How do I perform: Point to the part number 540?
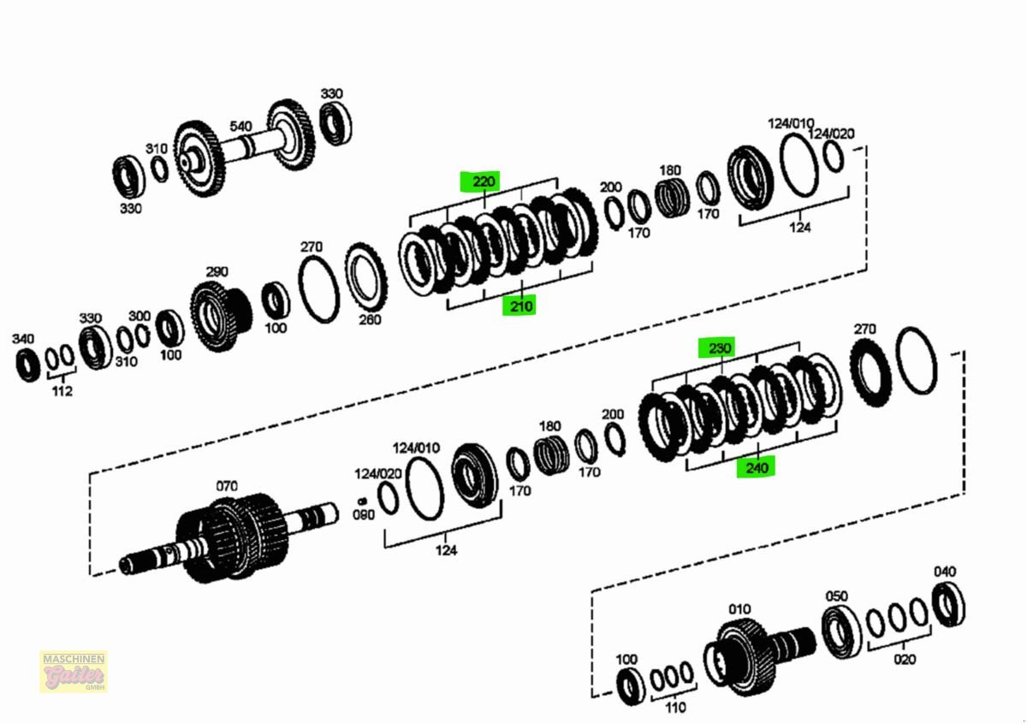click(240, 127)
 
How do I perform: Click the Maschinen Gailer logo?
click(74, 672)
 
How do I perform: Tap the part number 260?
click(369, 320)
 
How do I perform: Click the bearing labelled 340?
click(27, 363)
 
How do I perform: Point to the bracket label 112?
click(62, 391)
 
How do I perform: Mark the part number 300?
click(140, 316)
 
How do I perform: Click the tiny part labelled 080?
click(362, 501)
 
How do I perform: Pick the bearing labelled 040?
click(948, 604)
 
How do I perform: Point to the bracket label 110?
click(675, 708)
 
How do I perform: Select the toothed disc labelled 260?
click(368, 278)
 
